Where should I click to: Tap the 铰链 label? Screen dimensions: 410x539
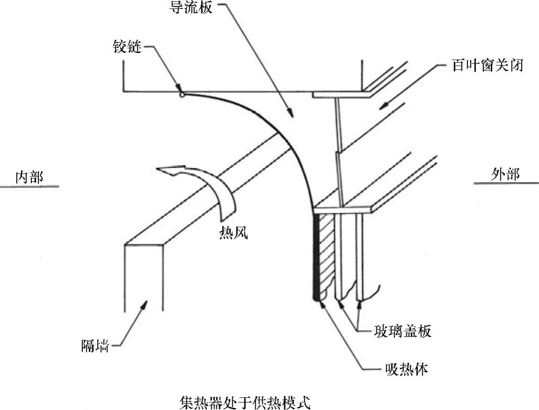[x=127, y=47]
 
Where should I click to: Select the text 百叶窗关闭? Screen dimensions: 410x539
[x=487, y=66]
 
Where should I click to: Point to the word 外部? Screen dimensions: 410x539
[x=505, y=175]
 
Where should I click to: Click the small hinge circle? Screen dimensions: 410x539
[x=182, y=95]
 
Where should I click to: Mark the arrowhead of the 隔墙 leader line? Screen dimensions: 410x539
[x=146, y=304]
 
